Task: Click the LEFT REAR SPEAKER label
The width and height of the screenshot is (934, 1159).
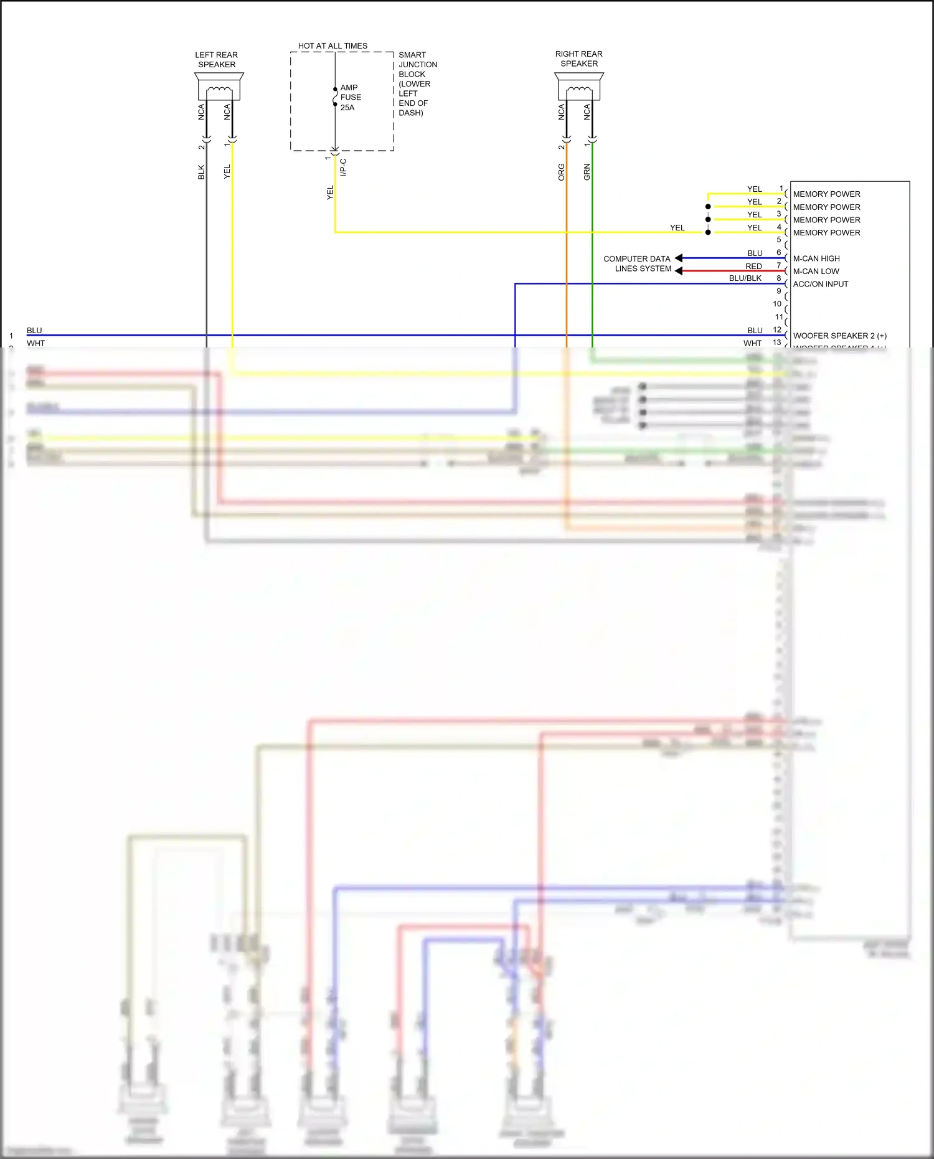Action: point(217,60)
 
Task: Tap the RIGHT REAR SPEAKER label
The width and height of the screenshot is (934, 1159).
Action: point(579,59)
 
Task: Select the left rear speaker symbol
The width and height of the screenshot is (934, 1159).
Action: point(219,87)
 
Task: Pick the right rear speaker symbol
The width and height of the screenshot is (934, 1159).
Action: point(579,87)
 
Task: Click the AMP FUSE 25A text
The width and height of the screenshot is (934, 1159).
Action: point(350,98)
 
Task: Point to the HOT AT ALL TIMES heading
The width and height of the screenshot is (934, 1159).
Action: point(333,46)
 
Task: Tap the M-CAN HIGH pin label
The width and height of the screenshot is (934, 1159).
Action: point(816,258)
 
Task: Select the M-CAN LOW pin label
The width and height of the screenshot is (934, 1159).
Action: point(816,272)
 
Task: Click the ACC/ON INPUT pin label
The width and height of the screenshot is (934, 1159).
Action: point(821,284)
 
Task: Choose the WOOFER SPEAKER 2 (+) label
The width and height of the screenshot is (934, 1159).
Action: point(839,336)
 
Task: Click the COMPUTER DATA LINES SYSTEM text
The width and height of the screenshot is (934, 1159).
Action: point(638,263)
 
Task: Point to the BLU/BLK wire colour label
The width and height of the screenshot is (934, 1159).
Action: point(745,278)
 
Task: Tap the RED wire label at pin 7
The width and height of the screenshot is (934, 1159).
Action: point(753,266)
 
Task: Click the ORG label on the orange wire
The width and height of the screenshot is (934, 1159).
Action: point(561,173)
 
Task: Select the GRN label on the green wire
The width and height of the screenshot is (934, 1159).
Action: point(587,173)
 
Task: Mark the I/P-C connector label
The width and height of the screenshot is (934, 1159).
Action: point(343,167)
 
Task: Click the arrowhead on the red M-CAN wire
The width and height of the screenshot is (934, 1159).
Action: point(679,271)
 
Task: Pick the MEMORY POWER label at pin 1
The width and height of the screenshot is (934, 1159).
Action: point(826,194)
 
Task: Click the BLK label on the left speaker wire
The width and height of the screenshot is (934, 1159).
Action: point(201,172)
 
